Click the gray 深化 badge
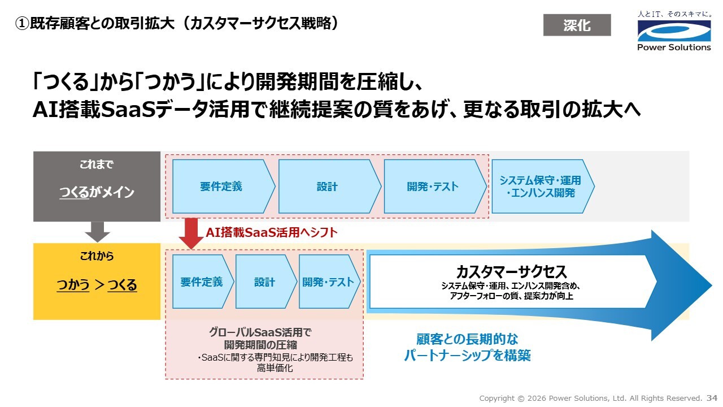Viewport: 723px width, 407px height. (577, 25)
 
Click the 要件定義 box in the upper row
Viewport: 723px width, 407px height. (221, 187)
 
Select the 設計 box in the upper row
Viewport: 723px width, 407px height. (327, 187)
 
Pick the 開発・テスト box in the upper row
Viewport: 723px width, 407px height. (433, 187)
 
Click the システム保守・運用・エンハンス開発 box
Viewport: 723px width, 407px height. (541, 187)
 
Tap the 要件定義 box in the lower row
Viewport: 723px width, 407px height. (202, 282)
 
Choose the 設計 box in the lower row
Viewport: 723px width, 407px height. (264, 282)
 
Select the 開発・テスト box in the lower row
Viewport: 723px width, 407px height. (328, 282)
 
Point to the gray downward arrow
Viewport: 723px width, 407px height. (97, 232)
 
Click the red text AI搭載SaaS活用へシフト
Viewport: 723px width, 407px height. (271, 232)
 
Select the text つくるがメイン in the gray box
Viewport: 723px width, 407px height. (97, 192)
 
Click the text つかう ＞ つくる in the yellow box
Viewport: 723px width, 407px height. (97, 285)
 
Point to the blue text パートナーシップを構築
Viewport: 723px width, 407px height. (467, 356)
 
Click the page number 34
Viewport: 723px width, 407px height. (712, 398)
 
